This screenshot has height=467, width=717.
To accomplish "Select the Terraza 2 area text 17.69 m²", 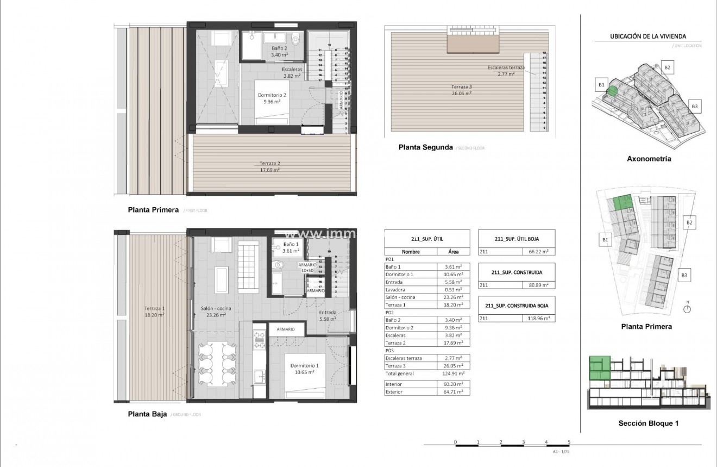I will (269, 170).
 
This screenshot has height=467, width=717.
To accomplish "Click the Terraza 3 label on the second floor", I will (461, 87).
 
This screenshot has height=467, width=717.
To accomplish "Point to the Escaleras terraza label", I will (506, 67).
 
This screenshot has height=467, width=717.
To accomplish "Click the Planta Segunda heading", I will (425, 147).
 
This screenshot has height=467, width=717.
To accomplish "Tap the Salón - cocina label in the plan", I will (216, 308).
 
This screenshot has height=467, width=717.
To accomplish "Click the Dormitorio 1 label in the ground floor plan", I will (304, 365).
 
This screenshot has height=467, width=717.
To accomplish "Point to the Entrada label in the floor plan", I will (328, 313).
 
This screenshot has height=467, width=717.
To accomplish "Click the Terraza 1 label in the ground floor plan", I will (154, 308).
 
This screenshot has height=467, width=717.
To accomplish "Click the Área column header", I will (454, 252).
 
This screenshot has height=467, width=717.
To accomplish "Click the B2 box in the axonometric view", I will (668, 67).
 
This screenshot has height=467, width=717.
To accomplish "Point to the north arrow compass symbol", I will (687, 309).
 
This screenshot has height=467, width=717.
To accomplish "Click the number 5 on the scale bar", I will (569, 441).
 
